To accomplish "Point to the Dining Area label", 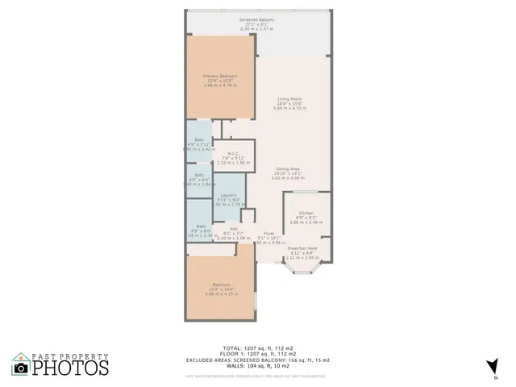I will [289, 169].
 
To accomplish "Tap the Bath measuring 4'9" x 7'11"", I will [198, 143].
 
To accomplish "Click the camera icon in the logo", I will [22, 368].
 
